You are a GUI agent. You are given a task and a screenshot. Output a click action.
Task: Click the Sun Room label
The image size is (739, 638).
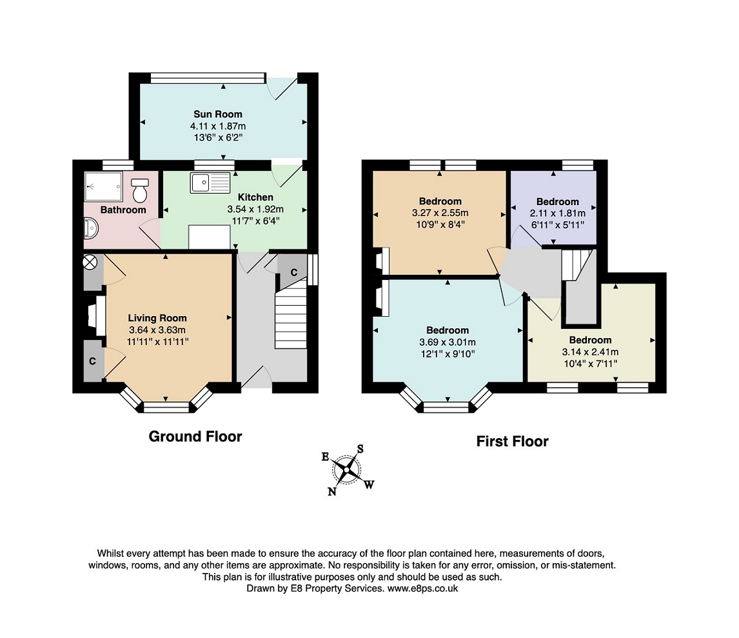pos(218,114)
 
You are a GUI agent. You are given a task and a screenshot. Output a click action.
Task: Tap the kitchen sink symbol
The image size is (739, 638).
pos(210,183)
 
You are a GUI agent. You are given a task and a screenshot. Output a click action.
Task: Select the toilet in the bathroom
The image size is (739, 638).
pos(139,190)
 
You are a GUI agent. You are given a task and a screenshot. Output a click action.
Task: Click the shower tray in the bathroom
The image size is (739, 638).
pos(103,186)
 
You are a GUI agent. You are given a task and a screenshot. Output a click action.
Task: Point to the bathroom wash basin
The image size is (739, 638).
pos(91,229)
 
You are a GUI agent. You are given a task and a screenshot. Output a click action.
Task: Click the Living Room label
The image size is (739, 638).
pos(157,318)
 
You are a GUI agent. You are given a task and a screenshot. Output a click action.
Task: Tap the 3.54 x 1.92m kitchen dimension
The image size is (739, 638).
pos(255,209)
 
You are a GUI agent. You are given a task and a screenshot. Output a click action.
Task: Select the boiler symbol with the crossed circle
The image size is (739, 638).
pos(90,262)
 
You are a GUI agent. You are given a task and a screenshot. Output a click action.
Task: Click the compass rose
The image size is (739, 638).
pos(348,470)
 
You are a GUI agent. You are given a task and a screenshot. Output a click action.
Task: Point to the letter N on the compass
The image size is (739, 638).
pos(332,492)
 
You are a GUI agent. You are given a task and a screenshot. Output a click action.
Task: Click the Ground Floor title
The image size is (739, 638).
pos(195,437)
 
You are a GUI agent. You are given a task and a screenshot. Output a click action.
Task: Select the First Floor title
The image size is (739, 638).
pos(512,441)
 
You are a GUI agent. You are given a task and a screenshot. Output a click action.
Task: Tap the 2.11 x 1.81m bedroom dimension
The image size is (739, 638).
pos(558,213)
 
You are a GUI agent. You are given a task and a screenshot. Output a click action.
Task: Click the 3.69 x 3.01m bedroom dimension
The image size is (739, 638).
pos(448,342)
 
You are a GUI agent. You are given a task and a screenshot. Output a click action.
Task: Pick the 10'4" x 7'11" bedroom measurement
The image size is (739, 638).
pos(591,364)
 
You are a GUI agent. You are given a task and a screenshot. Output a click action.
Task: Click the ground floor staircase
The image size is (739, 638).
pos(291,313)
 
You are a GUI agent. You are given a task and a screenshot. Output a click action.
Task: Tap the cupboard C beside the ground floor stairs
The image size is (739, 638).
pos(293,272)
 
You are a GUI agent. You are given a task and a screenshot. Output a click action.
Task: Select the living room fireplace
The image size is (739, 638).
pos(97,315)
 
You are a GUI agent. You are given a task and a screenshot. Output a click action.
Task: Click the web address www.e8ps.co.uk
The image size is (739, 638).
pos(423,588)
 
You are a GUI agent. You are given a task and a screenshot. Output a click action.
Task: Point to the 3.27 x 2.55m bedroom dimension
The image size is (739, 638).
pos(440,213)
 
